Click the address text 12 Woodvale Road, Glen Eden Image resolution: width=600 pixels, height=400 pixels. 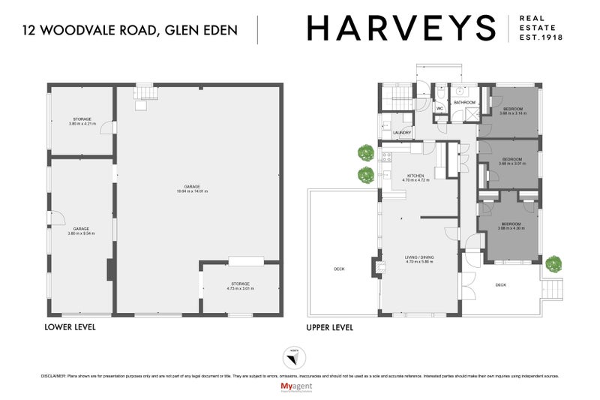[x=130, y=30]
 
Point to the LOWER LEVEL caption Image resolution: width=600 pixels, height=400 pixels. [x=70, y=327]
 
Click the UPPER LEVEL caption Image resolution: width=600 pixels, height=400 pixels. [x=330, y=327]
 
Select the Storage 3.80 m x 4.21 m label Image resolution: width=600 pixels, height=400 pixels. [x=82, y=122]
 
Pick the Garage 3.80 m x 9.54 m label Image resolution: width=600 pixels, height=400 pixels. [x=82, y=231]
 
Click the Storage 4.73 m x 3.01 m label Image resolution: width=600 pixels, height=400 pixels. [x=240, y=286]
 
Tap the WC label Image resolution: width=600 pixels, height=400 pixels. [x=441, y=108]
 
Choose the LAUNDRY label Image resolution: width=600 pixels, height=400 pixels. [x=401, y=133]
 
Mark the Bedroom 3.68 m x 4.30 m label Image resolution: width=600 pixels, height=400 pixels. [x=511, y=226]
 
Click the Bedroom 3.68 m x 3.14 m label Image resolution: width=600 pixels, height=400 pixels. [x=514, y=112]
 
